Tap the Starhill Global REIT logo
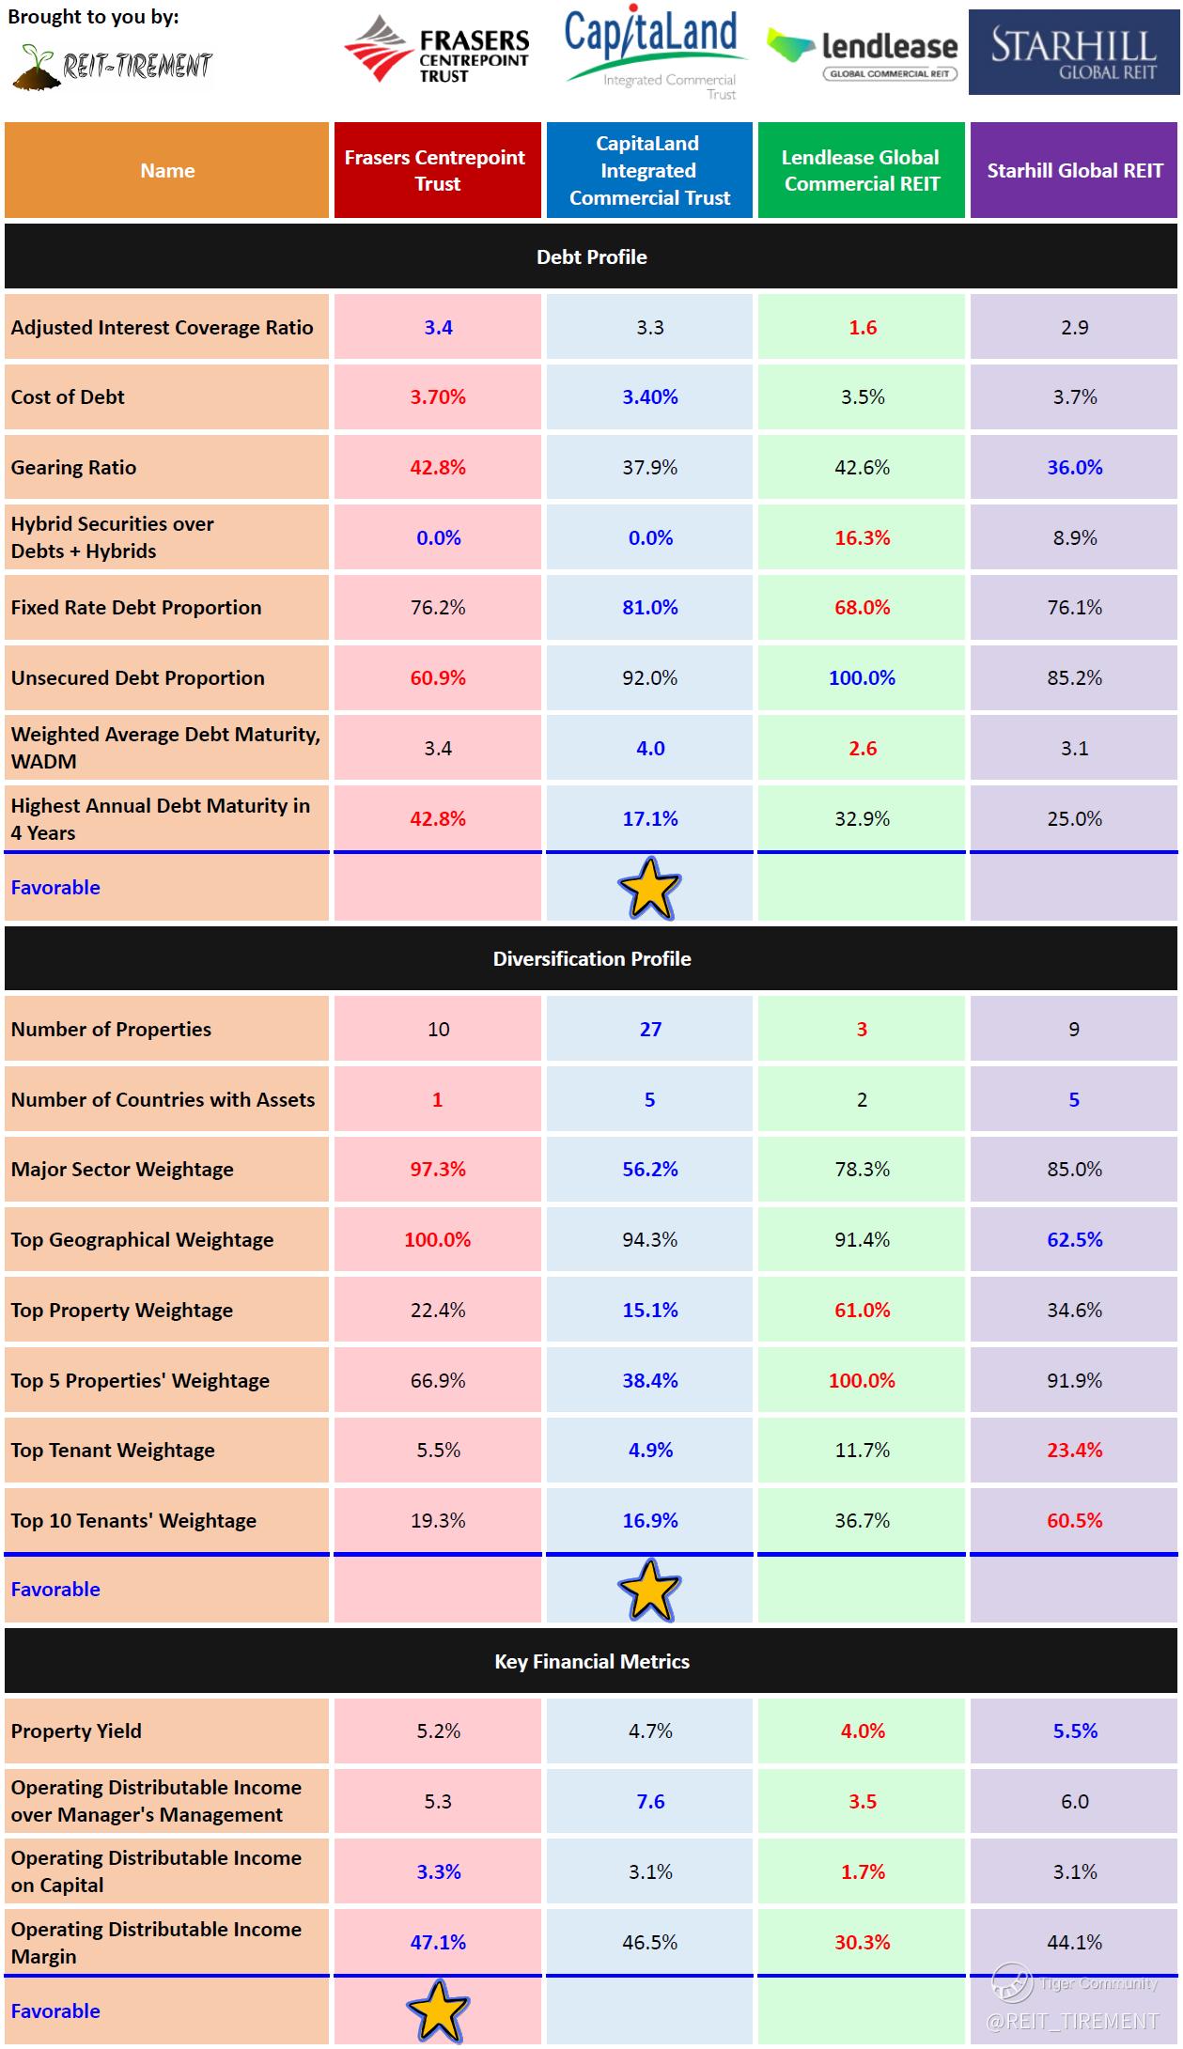[x=1074, y=53]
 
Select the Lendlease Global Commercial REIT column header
[x=862, y=170]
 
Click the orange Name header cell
[x=167, y=170]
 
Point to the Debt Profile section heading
[x=591, y=256]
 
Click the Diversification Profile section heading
[x=591, y=958]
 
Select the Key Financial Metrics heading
[x=591, y=1661]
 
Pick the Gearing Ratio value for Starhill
[x=1074, y=467]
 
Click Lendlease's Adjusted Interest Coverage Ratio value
[x=862, y=327]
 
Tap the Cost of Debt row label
[x=68, y=396]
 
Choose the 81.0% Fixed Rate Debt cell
[x=649, y=607]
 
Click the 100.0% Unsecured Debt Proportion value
[x=862, y=677]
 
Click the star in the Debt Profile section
[x=649, y=888]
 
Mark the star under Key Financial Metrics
[x=438, y=2010]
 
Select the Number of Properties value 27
[x=650, y=1029]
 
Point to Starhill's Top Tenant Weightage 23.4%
[x=1074, y=1450]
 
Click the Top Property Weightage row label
[x=122, y=1310]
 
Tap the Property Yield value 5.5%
[x=1074, y=1731]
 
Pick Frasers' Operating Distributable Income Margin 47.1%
[x=438, y=1942]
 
